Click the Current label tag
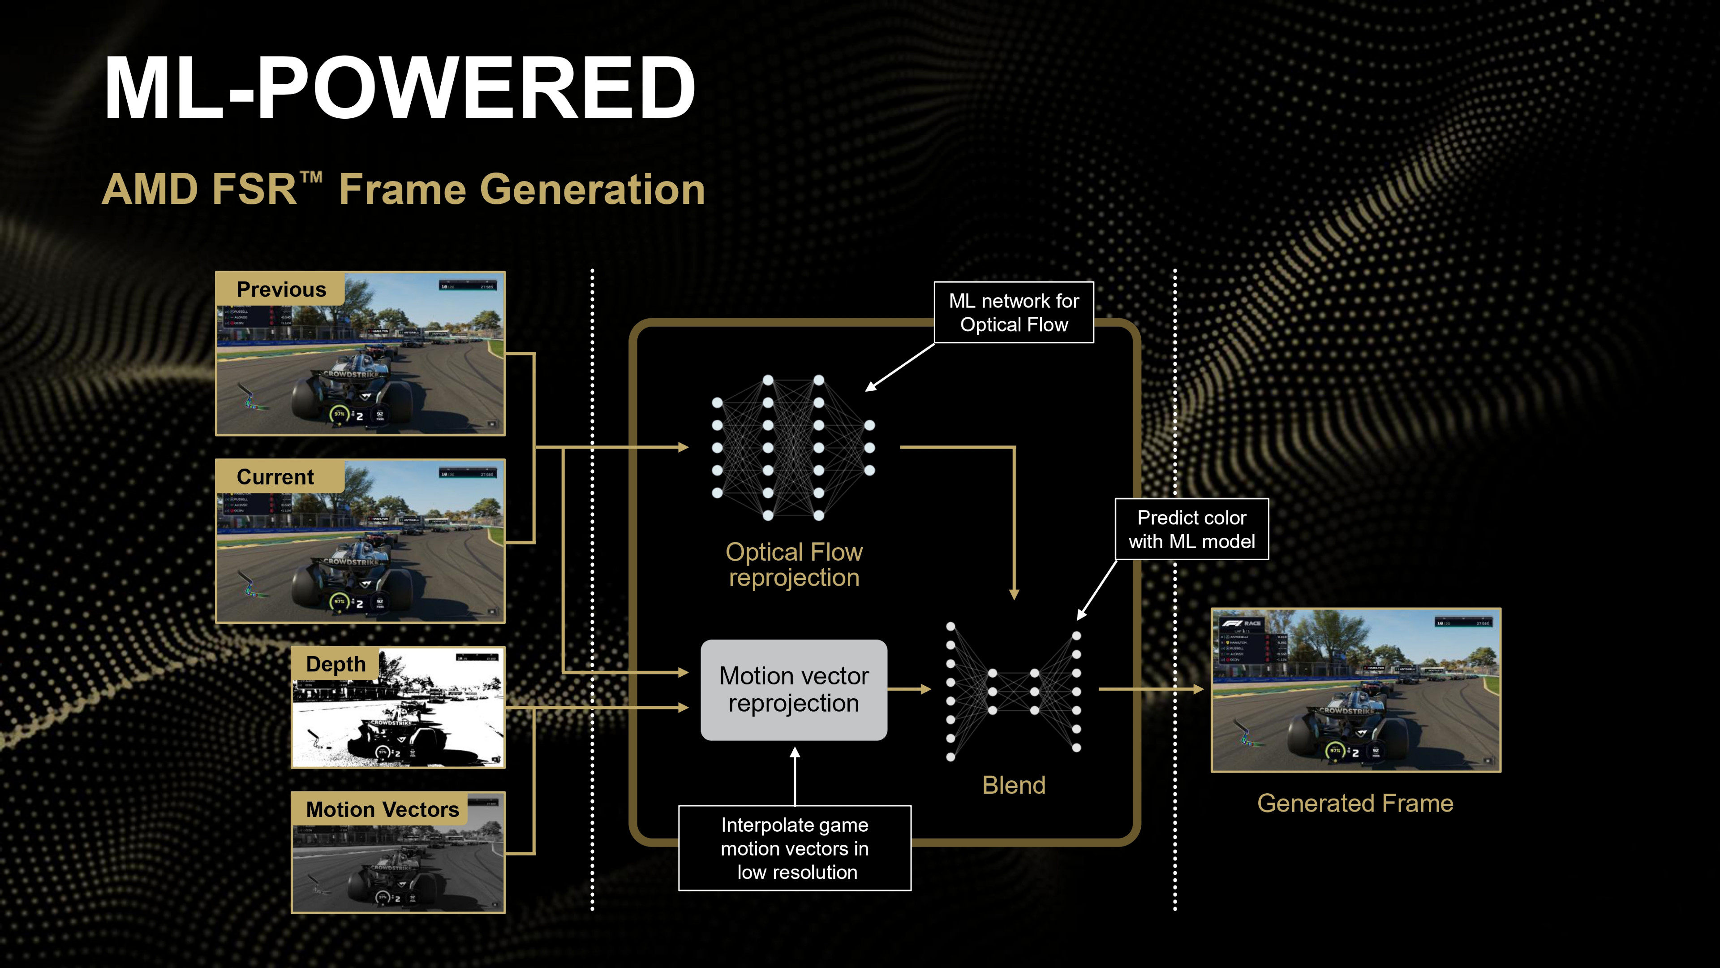click(x=275, y=477)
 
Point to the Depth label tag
click(x=335, y=664)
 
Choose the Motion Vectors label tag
click(x=382, y=809)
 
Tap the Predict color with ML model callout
click(x=1191, y=529)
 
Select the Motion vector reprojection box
click(x=793, y=689)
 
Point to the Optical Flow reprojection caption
click(x=794, y=565)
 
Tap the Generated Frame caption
click(x=1355, y=803)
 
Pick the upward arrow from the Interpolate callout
click(x=795, y=775)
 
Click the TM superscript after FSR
click(x=311, y=178)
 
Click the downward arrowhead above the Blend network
click(x=1014, y=594)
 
